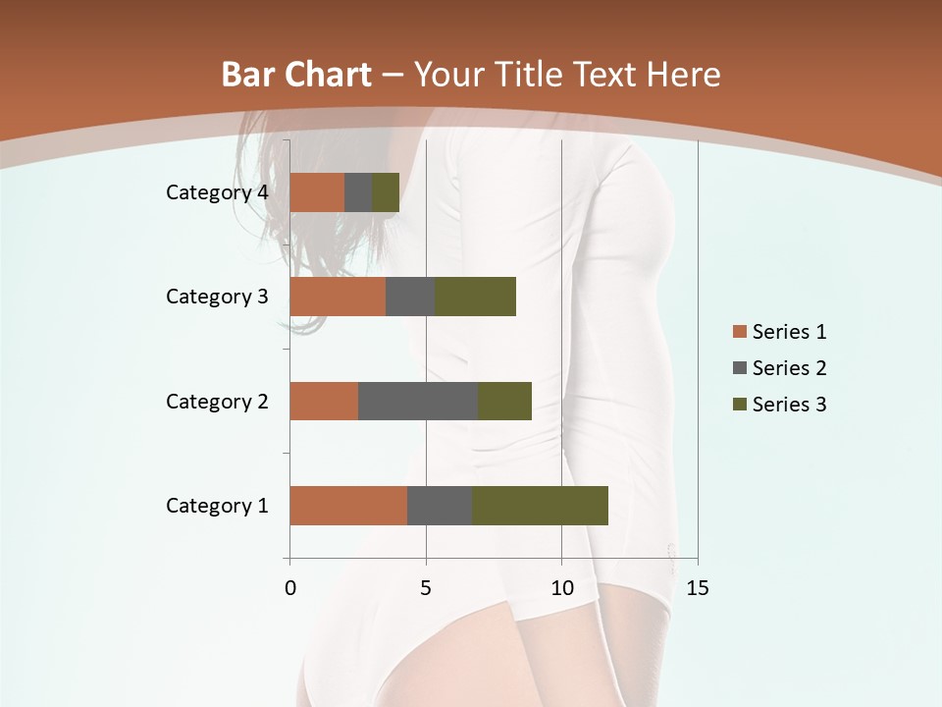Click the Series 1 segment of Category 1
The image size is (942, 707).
click(x=348, y=506)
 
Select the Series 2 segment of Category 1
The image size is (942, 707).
click(x=440, y=506)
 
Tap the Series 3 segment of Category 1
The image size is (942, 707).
click(x=540, y=506)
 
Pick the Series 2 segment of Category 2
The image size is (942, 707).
click(x=418, y=401)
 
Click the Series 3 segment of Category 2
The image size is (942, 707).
click(x=504, y=401)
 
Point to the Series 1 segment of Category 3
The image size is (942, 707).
click(x=338, y=297)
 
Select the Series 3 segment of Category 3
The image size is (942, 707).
click(x=475, y=297)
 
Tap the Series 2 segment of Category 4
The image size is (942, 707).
click(x=358, y=192)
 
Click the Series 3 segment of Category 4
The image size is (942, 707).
click(x=386, y=192)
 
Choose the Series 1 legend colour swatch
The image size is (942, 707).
click(x=739, y=332)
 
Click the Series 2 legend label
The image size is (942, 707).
click(x=789, y=368)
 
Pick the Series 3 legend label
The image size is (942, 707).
click(x=789, y=405)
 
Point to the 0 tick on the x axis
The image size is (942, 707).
click(x=289, y=588)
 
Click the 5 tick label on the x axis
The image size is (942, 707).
click(x=426, y=588)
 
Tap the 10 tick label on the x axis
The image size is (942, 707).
click(x=561, y=588)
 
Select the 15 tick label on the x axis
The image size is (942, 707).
click(x=697, y=588)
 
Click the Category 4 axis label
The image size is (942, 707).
click(x=217, y=192)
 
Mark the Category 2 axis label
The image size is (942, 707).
click(x=217, y=401)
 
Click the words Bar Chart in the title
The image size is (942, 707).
click(x=296, y=75)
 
